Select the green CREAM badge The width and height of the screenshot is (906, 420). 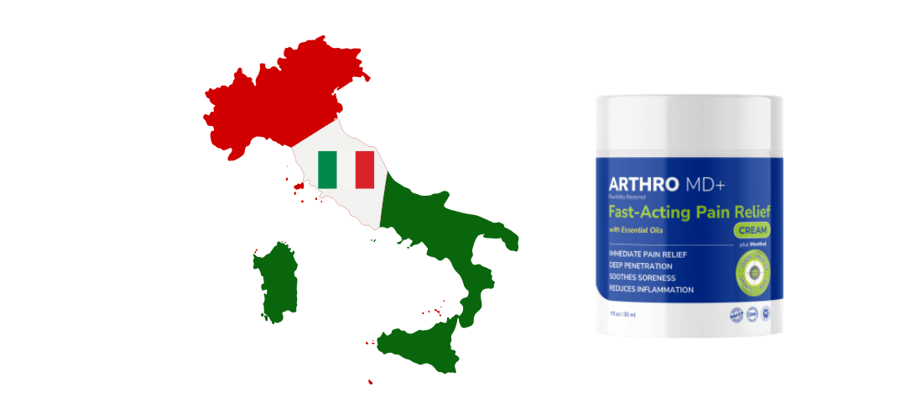coord(752,229)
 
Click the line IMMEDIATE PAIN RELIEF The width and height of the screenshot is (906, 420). coord(651,254)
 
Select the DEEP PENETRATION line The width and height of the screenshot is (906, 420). coord(641,265)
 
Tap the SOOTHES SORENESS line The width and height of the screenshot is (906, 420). coord(643,277)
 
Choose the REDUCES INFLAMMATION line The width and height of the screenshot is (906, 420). coord(652,290)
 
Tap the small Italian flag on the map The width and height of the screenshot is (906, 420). coord(346,171)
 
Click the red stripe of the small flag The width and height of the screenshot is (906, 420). coord(365,171)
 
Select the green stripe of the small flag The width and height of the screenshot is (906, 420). coord(327,171)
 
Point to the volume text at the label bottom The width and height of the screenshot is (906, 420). coord(622,314)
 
